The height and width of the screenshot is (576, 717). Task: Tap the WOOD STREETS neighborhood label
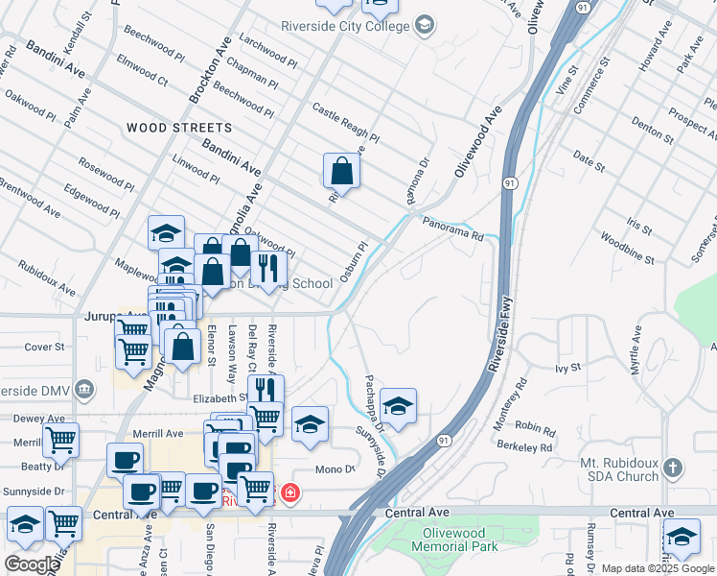coord(179,128)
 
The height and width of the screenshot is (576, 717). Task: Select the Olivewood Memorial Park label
coord(455,540)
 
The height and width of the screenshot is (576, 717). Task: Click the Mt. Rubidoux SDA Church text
coord(620,469)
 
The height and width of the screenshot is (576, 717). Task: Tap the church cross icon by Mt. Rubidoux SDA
coord(673,468)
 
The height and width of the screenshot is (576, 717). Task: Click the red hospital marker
coord(289,495)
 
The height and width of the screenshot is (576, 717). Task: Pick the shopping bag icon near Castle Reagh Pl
coord(341,172)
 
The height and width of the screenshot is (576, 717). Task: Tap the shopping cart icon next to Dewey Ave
coord(61,441)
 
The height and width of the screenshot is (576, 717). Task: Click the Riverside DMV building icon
coord(84,389)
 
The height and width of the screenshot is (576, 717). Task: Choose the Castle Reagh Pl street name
coord(346,123)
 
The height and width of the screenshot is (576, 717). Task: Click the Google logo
coord(32,564)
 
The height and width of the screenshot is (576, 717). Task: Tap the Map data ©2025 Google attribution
coord(658,568)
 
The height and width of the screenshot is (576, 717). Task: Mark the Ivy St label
coord(568,368)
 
